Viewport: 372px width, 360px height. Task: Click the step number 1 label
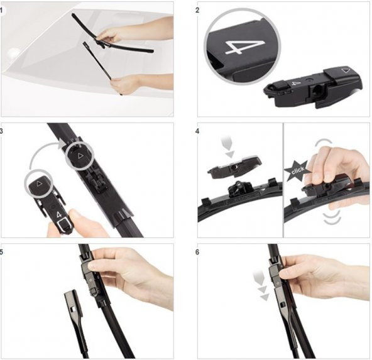pyautogui.click(x=1, y=10)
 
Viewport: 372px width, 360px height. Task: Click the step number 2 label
pyautogui.click(x=197, y=11)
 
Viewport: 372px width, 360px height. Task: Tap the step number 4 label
pyautogui.click(x=197, y=131)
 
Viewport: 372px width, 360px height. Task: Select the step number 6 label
pyautogui.click(x=197, y=252)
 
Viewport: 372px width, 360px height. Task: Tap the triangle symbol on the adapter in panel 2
pyautogui.click(x=345, y=70)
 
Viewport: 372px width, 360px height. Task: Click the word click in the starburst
pyautogui.click(x=298, y=170)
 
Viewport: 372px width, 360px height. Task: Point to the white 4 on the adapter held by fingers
pyautogui.click(x=58, y=215)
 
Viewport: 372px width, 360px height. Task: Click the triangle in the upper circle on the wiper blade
pyautogui.click(x=80, y=156)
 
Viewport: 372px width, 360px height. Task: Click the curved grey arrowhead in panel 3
pyautogui.click(x=63, y=143)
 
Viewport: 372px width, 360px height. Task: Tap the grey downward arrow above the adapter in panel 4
pyautogui.click(x=229, y=146)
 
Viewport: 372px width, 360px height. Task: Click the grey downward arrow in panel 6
pyautogui.click(x=261, y=286)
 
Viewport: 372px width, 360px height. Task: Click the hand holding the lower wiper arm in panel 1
pyautogui.click(x=125, y=84)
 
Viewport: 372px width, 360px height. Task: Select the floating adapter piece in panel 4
pyautogui.click(x=234, y=166)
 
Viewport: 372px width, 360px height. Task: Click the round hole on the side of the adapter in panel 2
pyautogui.click(x=317, y=90)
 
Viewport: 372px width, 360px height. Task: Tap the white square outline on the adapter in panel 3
pyautogui.click(x=63, y=225)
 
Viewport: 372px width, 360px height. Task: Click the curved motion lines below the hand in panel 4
pyautogui.click(x=332, y=217)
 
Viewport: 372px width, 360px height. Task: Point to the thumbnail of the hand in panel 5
pyautogui.click(x=92, y=266)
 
